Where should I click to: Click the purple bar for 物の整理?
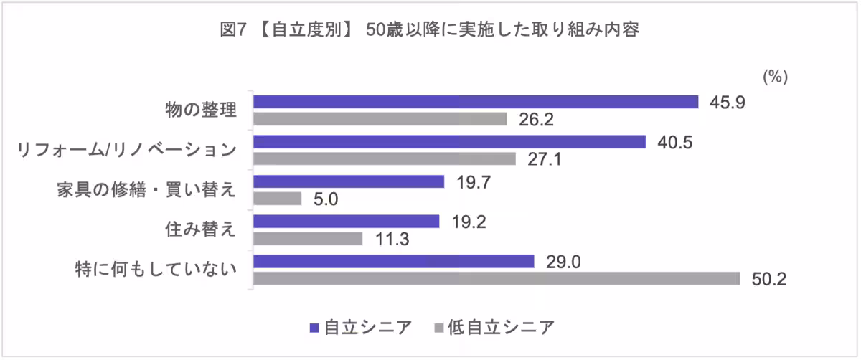[476, 102]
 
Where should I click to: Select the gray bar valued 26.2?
[380, 118]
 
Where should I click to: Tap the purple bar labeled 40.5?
[450, 142]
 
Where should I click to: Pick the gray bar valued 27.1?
[385, 158]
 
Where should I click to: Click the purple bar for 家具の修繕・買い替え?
[349, 182]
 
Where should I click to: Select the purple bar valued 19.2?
[346, 222]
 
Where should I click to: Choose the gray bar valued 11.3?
[308, 238]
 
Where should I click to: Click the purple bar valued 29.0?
[394, 262]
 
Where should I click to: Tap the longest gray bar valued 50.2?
[497, 278]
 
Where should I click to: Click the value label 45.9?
[728, 103]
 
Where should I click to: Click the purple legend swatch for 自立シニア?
[314, 328]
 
